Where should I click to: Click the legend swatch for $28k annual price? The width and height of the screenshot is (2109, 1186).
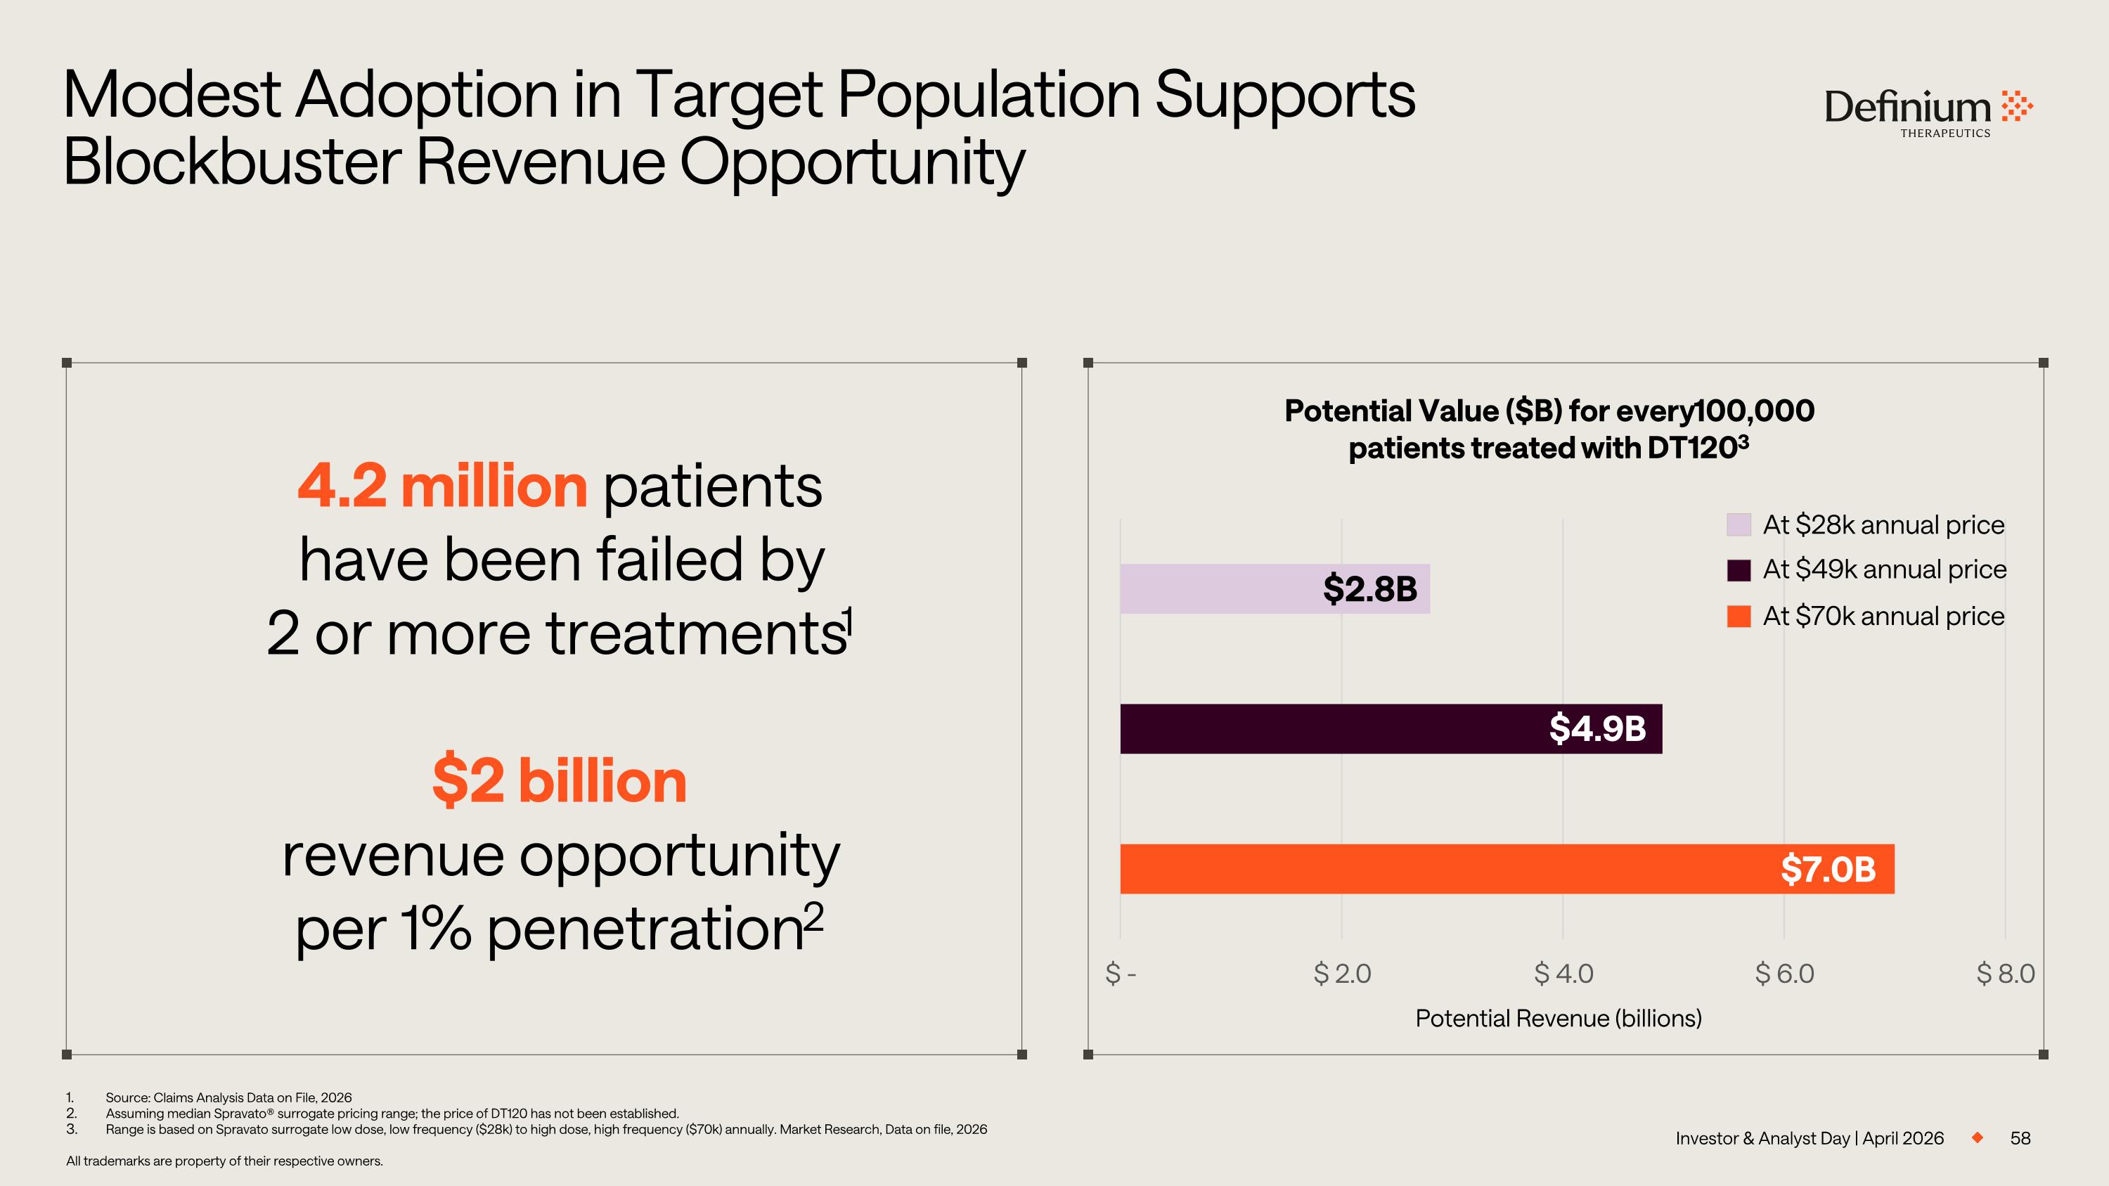tap(1738, 524)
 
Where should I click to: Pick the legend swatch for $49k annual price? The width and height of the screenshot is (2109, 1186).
tap(1738, 569)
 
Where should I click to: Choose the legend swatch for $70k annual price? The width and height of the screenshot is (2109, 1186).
tap(1738, 617)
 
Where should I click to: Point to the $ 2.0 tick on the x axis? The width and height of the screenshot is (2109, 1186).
tap(1342, 973)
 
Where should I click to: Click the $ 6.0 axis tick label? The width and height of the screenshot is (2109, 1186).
tap(1784, 973)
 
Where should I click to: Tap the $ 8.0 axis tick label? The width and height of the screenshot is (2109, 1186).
tap(2005, 973)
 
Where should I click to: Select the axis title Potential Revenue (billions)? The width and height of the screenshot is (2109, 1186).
tap(1558, 1018)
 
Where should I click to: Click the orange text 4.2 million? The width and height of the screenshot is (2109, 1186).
tap(442, 486)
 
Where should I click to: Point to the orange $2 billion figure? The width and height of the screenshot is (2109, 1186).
tap(559, 781)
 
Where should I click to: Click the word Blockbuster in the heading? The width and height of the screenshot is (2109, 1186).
tap(232, 162)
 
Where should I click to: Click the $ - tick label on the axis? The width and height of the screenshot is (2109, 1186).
tap(1120, 973)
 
